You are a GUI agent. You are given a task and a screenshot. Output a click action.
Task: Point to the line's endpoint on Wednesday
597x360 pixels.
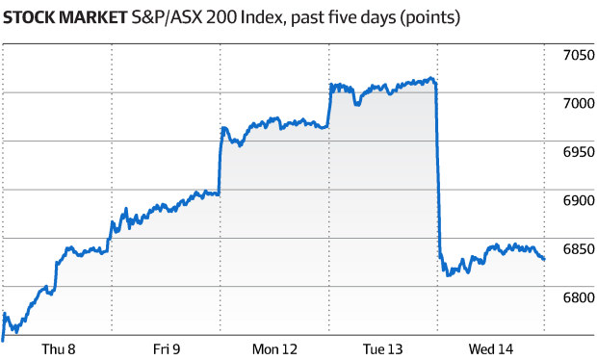pyautogui.click(x=544, y=259)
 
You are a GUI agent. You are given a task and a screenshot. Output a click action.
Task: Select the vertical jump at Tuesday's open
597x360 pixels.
pyautogui.click(x=329, y=106)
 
